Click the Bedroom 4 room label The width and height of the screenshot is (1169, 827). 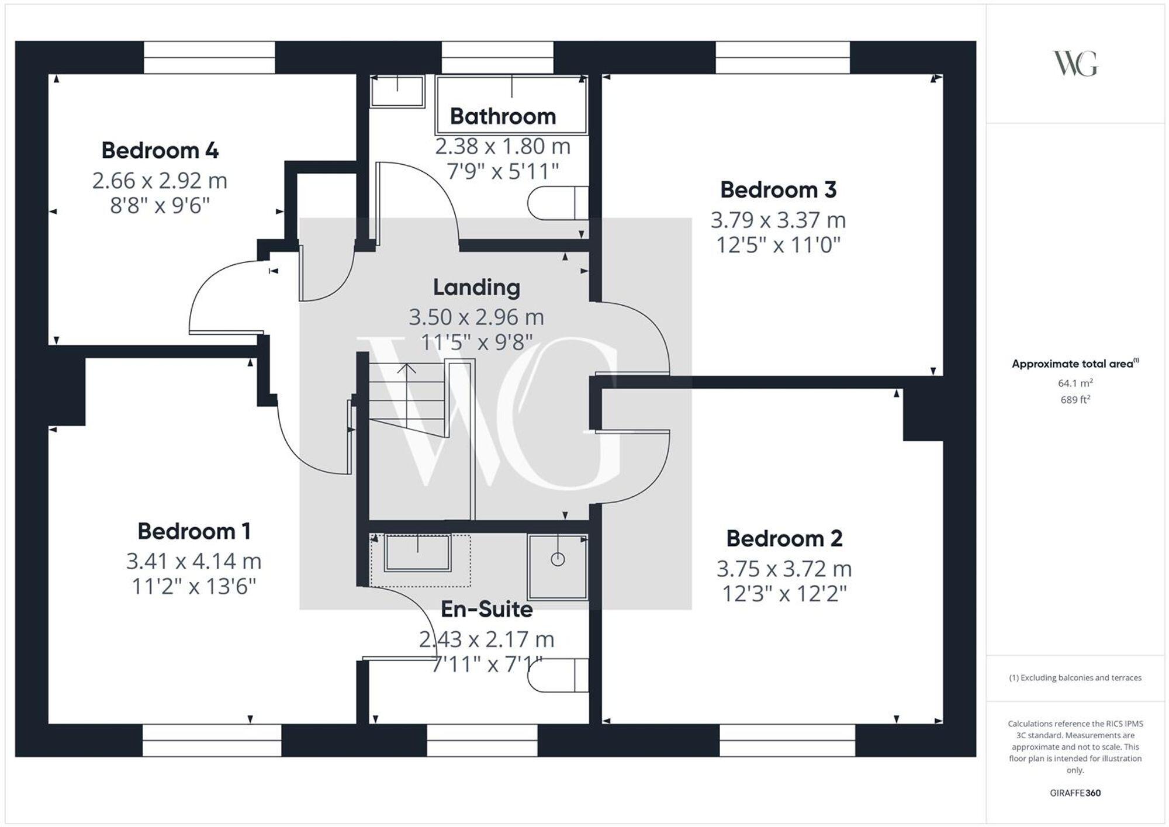click(x=160, y=151)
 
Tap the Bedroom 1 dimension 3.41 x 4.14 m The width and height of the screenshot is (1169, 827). click(x=193, y=561)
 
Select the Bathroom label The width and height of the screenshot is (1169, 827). click(x=503, y=116)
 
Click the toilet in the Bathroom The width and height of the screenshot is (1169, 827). click(x=557, y=203)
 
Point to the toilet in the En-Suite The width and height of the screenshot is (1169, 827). click(x=557, y=676)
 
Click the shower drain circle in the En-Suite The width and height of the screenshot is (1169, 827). click(x=558, y=559)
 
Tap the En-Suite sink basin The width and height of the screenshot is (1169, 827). click(x=417, y=553)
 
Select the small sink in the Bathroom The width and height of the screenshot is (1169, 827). click(x=397, y=91)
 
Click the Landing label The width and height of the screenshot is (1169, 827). click(x=476, y=288)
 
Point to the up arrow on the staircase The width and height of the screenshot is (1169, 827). click(x=407, y=369)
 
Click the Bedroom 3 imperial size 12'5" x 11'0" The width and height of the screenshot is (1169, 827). click(x=778, y=245)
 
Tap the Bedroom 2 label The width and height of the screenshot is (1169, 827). click(x=784, y=538)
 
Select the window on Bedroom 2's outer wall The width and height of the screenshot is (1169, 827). click(x=787, y=740)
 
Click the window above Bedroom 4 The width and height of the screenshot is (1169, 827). click(x=209, y=57)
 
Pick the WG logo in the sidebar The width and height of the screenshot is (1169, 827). click(x=1075, y=64)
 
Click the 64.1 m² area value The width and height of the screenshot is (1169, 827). click(x=1075, y=383)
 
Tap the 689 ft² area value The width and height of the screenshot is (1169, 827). click(x=1075, y=400)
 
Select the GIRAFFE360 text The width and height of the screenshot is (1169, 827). click(x=1075, y=793)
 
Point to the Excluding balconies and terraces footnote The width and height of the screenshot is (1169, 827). click(x=1075, y=678)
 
